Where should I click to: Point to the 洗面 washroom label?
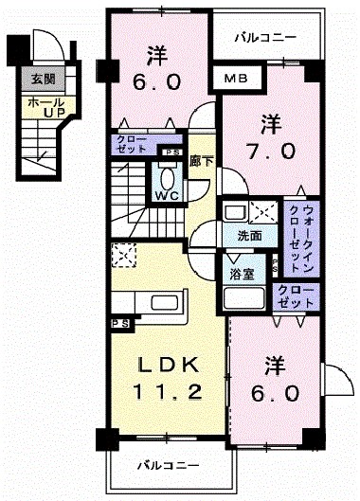point(250,236)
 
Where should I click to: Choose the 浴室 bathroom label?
point(241,275)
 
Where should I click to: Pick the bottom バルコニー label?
point(167,466)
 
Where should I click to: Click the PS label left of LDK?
point(119,323)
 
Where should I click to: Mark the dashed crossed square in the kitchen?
point(124,254)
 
